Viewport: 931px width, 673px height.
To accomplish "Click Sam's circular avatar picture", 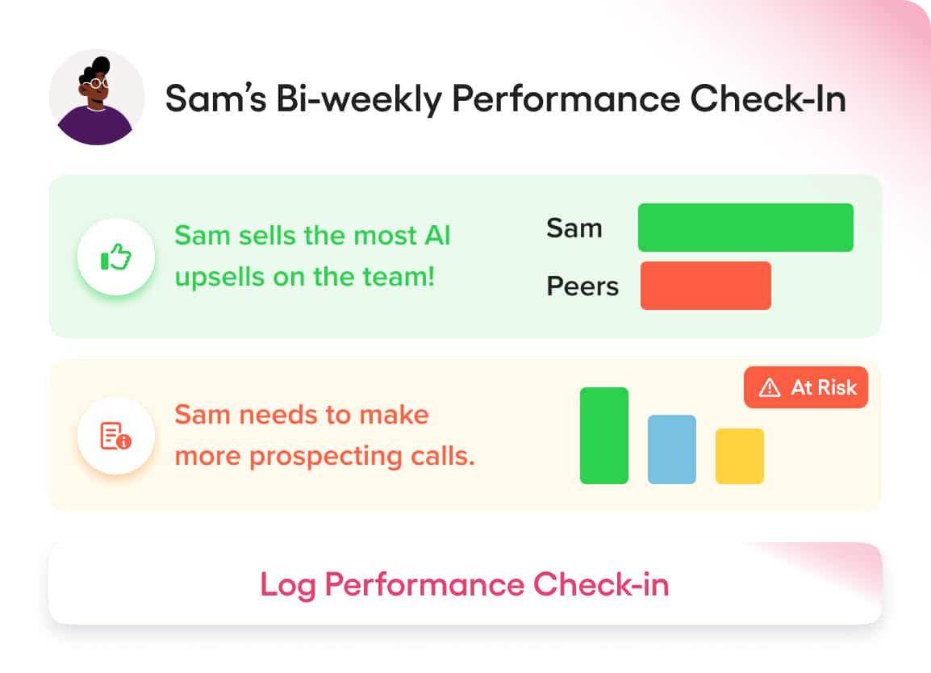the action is point(97,98).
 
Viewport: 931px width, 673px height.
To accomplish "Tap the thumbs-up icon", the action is point(116,257).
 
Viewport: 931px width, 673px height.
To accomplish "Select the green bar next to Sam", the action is point(745,228).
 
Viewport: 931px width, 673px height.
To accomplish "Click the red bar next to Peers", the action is point(705,286).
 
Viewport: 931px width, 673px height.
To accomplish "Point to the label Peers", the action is point(582,286).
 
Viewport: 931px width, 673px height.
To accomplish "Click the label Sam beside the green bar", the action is point(574,228).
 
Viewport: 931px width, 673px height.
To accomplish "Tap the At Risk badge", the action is point(806,387).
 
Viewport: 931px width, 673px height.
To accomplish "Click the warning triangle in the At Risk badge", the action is point(770,387).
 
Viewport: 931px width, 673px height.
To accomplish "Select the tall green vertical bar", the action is point(603,436).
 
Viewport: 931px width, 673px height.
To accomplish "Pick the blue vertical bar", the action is point(671,449).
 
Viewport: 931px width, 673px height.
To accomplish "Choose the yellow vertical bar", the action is point(739,456).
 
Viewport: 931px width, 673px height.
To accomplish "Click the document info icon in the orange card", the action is point(116,436).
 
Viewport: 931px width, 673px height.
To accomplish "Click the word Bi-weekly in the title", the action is point(359,98).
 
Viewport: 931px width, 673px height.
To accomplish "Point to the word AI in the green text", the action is point(437,235).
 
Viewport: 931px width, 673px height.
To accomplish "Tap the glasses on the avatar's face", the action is point(98,84).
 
